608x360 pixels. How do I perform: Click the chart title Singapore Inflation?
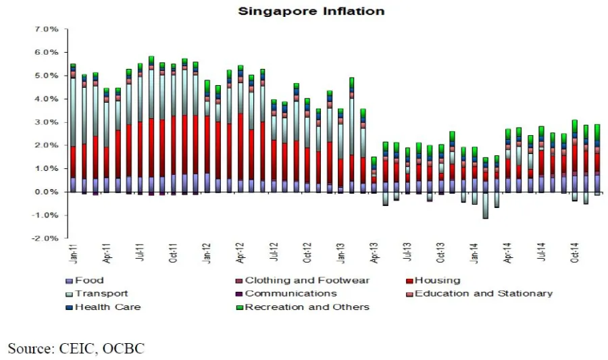(311, 11)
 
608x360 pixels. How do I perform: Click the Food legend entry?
(89, 280)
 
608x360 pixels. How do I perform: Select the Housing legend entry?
(437, 280)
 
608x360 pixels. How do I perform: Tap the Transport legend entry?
(101, 294)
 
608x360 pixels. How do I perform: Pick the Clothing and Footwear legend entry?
(307, 280)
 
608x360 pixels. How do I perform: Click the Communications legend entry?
(290, 294)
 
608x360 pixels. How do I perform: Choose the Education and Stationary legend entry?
(483, 294)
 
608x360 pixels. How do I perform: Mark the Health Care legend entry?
(107, 307)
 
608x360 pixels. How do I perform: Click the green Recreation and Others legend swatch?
(238, 307)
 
